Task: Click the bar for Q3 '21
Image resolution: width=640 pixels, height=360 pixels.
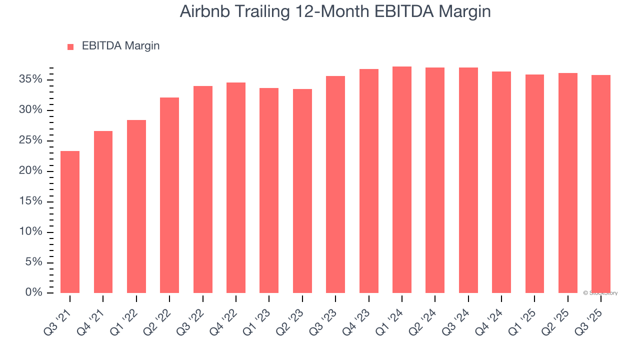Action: [70, 222]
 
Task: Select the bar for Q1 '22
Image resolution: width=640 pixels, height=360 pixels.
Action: [136, 206]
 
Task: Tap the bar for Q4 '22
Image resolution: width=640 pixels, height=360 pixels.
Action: [236, 187]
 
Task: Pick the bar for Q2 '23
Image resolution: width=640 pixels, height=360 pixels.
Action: [302, 191]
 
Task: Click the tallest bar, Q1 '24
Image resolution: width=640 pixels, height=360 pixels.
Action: [402, 179]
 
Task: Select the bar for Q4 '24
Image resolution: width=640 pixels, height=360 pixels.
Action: [501, 182]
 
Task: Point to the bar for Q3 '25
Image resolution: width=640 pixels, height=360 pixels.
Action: [601, 184]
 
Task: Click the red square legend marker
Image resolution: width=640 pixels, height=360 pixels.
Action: [70, 47]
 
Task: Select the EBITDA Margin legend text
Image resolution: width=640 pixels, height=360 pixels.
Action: [120, 46]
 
